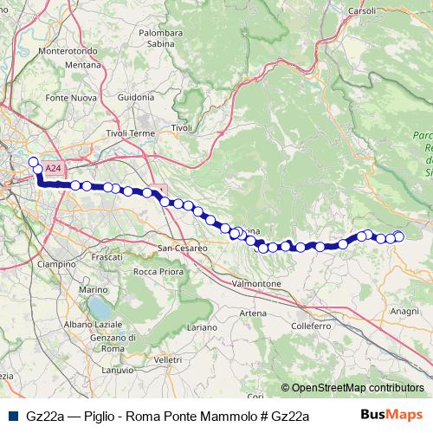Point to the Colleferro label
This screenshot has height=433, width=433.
[x=311, y=326]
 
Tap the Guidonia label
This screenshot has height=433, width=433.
[x=135, y=97]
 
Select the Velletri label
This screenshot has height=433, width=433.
[x=167, y=359]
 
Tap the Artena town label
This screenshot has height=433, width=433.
[x=254, y=313]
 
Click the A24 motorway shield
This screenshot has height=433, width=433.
[x=53, y=168]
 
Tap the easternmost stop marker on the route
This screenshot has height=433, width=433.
[x=399, y=236]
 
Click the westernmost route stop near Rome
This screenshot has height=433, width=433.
[x=34, y=161]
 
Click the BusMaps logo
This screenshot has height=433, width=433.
[x=391, y=415]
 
